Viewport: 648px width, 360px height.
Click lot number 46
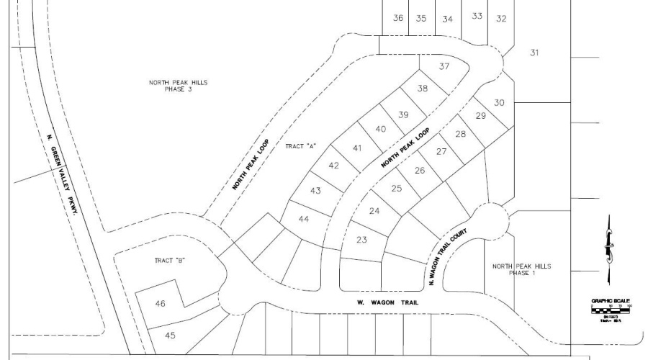click(160, 304)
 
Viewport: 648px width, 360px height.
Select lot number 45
click(170, 335)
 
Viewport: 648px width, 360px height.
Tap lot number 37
click(444, 66)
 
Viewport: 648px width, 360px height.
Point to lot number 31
click(534, 53)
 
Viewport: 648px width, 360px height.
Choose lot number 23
click(362, 240)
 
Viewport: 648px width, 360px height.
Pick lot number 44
click(303, 218)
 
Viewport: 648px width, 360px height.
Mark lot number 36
click(398, 19)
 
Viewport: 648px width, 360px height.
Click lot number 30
click(500, 102)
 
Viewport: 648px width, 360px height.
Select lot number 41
click(356, 148)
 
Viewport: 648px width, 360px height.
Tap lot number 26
click(420, 171)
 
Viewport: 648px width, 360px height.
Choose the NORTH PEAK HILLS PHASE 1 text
click(521, 269)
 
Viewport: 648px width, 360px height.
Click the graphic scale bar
click(610, 310)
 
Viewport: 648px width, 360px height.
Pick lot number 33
click(477, 16)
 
